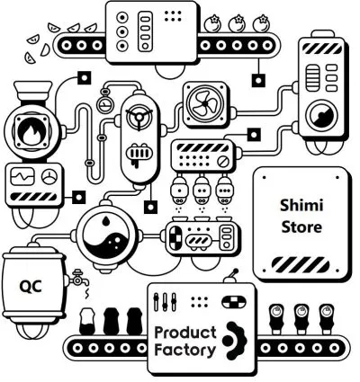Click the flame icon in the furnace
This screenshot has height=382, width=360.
coord(31,133)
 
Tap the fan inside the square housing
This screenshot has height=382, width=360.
coord(205,103)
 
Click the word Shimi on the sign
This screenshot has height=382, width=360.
coord(301,206)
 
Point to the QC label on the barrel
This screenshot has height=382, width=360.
coord(31,287)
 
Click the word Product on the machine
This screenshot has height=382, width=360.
coord(185,333)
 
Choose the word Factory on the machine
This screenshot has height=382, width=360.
coord(185,350)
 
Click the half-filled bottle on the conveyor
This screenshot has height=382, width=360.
coord(87,321)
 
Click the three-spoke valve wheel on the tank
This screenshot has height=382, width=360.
coord(139,117)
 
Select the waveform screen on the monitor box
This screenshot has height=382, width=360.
coord(22,176)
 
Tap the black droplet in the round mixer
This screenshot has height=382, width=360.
coord(105,221)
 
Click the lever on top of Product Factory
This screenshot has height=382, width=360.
coord(231,276)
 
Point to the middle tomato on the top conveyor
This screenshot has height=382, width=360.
coord(238,23)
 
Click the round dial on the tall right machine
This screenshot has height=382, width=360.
coord(322,115)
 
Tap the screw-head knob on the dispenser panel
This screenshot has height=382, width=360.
coord(222,162)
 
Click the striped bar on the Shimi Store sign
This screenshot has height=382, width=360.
coord(301,265)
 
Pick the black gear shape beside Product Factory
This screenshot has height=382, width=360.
coord(236,341)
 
